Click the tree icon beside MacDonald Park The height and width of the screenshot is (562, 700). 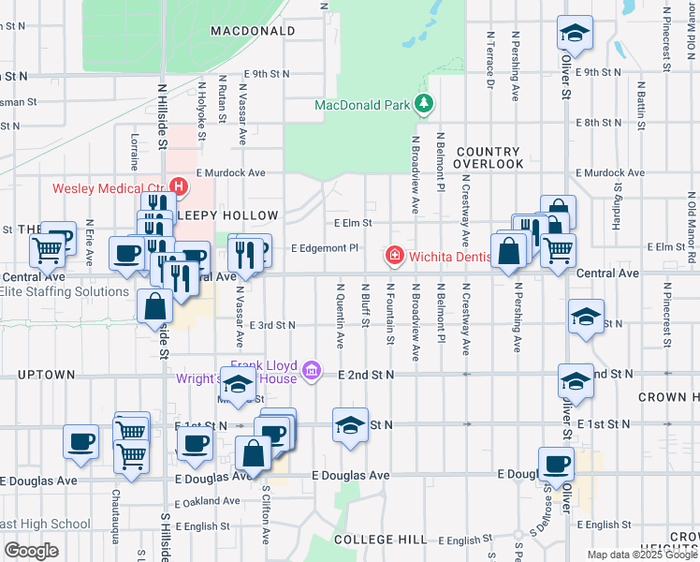click(425, 104)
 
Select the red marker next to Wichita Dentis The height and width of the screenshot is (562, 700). click(395, 255)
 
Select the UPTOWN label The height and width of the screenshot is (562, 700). click(46, 375)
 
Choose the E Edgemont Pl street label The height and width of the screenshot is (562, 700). click(325, 248)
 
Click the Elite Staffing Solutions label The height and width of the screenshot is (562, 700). click(65, 291)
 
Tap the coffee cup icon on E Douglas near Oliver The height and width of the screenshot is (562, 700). click(557, 464)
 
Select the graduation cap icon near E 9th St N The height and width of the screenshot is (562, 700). click(574, 35)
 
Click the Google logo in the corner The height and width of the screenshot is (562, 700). click(31, 551)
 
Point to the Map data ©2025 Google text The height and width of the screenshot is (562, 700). click(641, 555)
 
